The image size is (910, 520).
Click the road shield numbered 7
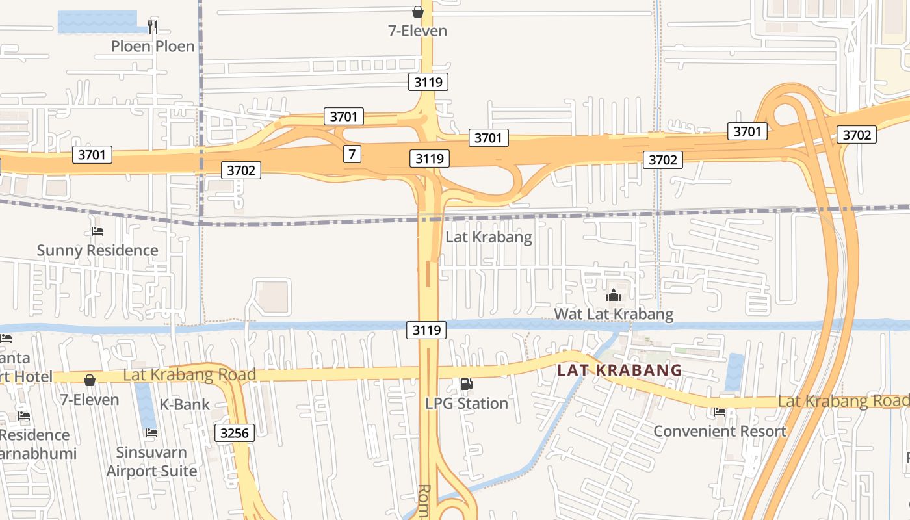pos(352,154)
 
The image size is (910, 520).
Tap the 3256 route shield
pos(235,433)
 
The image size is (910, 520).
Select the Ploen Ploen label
pos(153,46)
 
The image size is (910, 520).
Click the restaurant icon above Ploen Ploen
pos(153,27)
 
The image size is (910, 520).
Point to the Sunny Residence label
pos(97,250)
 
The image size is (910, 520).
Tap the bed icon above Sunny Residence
pos(97,231)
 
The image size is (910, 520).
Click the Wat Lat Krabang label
pos(614,315)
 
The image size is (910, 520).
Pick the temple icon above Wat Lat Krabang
pos(614,296)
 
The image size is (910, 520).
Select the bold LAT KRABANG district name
pos(619,370)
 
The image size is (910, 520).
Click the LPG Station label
pos(467,404)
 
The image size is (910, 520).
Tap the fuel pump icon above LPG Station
pos(466,384)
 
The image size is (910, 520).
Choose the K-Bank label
pos(185,404)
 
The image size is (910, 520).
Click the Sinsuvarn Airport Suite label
pos(151,461)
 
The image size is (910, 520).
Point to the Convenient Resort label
pos(720,431)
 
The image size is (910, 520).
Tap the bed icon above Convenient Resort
pos(720,411)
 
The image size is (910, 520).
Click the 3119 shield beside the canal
pos(427,330)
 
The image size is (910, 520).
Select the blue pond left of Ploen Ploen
pos(97,21)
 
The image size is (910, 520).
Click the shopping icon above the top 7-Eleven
pos(418,12)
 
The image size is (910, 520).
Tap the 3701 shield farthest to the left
pos(92,155)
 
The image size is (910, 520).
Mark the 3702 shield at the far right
pos(856,135)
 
